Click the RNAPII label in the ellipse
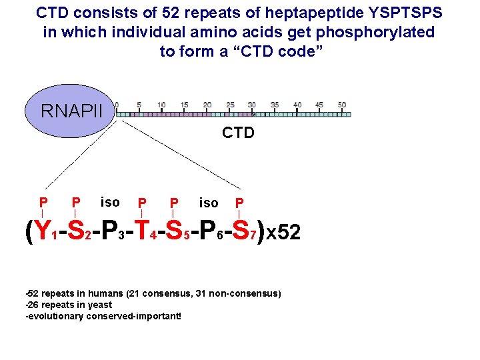coord(72,110)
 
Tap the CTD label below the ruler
coord(238,133)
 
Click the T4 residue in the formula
coord(143,231)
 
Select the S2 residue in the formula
coord(77,231)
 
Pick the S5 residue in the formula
coord(176,231)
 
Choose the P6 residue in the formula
coord(209,231)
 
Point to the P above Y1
coord(43,202)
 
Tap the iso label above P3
coord(109,201)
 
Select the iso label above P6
coord(209,201)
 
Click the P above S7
coord(239,202)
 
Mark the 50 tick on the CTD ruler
coord(342,105)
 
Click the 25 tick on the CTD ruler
coord(230,105)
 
